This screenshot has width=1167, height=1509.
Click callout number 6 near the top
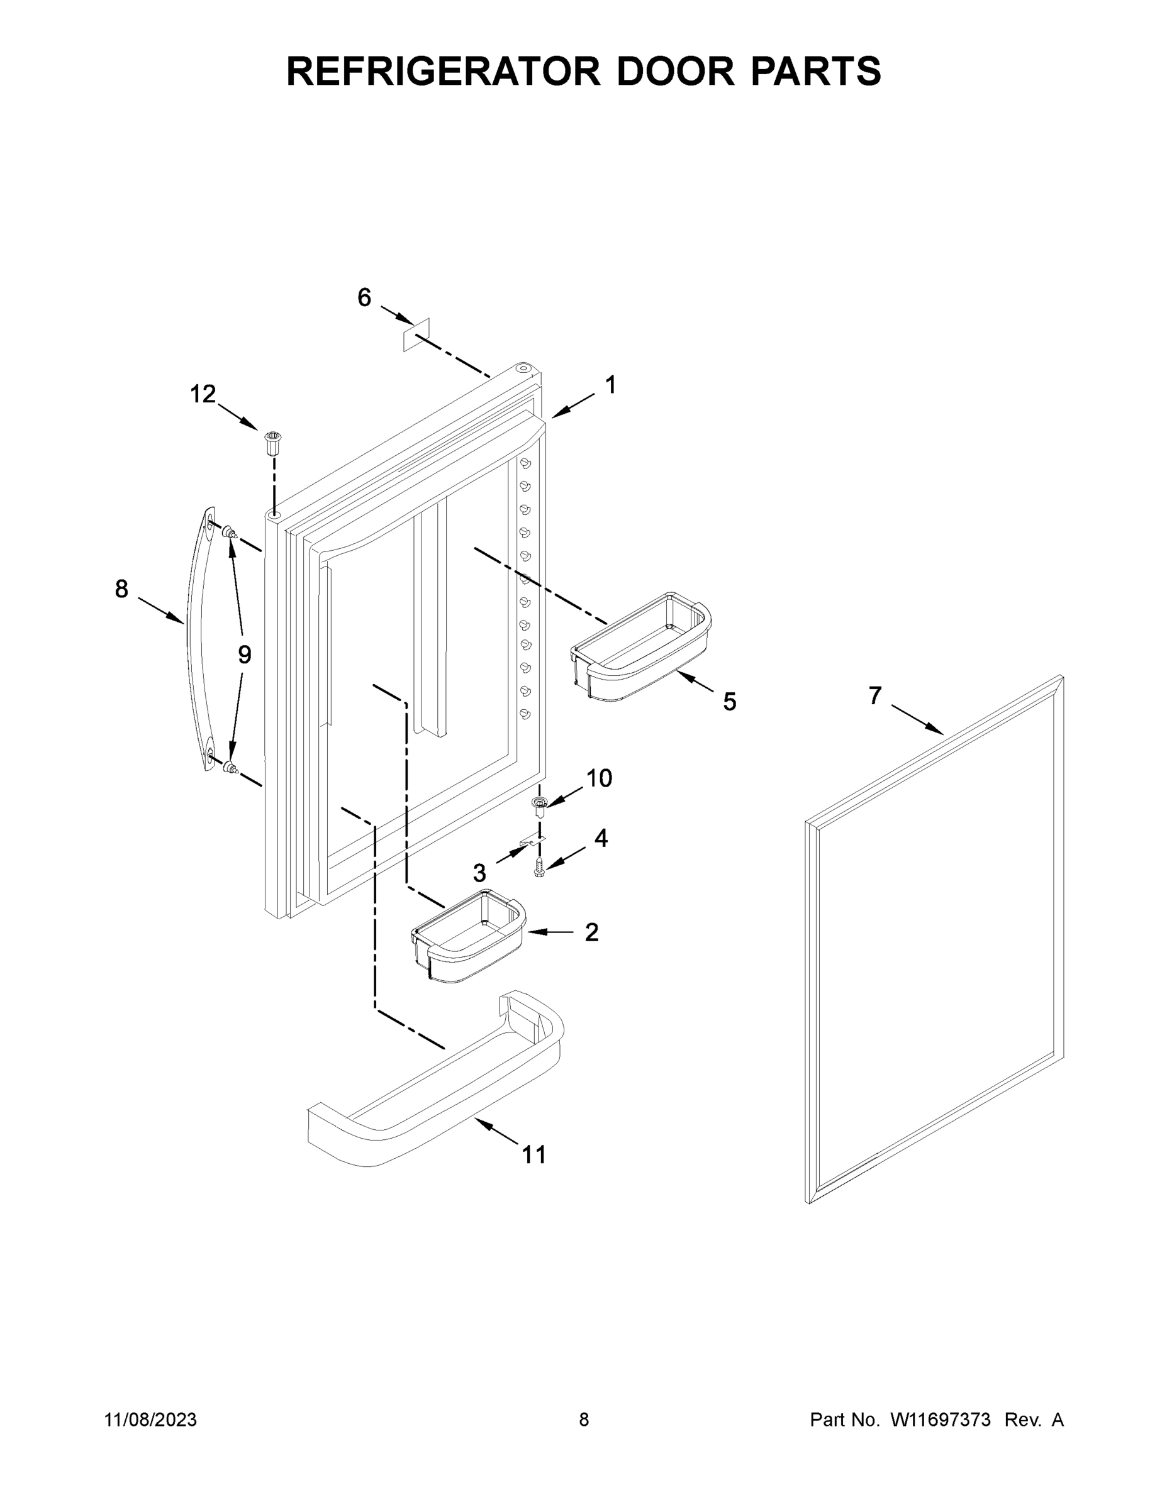point(364,298)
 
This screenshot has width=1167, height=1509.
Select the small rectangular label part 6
point(417,334)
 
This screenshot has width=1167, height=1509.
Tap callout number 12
point(203,394)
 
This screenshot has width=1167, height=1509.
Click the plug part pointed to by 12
point(274,441)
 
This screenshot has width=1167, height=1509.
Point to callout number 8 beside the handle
point(121,589)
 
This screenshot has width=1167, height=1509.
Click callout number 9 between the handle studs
point(245,654)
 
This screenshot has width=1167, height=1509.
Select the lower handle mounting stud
point(229,766)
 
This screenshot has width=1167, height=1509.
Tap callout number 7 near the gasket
point(875,696)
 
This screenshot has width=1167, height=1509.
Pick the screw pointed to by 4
point(539,867)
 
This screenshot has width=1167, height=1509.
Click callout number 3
point(480,873)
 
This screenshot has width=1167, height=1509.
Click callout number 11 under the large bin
point(533,1154)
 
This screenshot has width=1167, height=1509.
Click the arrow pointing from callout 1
point(572,406)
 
